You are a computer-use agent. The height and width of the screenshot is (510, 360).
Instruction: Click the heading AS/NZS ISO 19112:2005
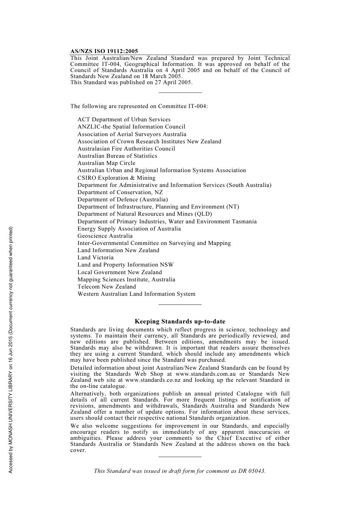pyautogui.click(x=104, y=51)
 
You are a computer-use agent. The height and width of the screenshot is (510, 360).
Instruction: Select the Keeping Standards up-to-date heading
pyautogui.click(x=180, y=322)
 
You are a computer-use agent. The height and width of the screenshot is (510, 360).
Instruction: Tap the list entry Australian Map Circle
pyautogui.click(x=106, y=163)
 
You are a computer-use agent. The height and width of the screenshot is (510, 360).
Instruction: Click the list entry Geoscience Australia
pyautogui.click(x=105, y=236)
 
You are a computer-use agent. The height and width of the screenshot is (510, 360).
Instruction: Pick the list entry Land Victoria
pyautogui.click(x=95, y=257)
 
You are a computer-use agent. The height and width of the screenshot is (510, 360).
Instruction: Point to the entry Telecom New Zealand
pyautogui.click(x=106, y=287)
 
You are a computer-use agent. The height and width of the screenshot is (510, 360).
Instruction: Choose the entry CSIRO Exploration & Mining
pyautogui.click(x=116, y=178)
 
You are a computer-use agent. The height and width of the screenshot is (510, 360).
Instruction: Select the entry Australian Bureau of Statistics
pyautogui.click(x=117, y=156)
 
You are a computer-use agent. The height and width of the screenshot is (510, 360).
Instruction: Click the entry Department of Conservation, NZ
pyautogui.click(x=120, y=192)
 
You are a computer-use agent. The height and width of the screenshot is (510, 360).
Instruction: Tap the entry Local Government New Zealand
pyautogui.click(x=120, y=272)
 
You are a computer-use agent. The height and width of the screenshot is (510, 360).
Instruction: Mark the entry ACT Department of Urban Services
pyautogui.click(x=124, y=119)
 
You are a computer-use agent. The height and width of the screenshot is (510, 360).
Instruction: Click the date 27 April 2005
pyautogui.click(x=172, y=82)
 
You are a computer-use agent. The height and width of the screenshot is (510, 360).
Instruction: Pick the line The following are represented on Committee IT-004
pyautogui.click(x=139, y=106)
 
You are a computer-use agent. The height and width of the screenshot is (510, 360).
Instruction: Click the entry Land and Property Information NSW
pyautogui.click(x=125, y=265)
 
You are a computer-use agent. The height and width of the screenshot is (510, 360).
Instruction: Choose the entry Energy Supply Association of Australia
pyautogui.click(x=129, y=229)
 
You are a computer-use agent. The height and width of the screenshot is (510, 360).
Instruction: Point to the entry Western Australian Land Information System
pyautogui.click(x=136, y=294)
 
